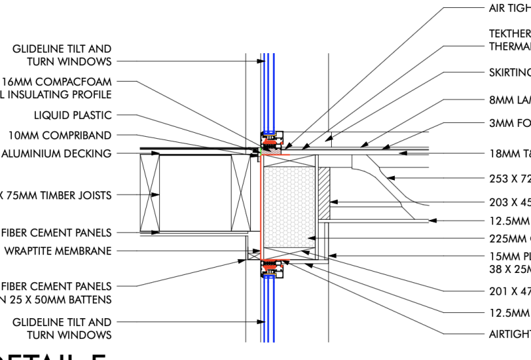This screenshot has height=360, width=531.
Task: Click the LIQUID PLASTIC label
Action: (x=72, y=116)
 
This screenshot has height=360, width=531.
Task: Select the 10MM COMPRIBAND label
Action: (x=60, y=135)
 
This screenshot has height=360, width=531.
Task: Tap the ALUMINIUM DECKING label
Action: (x=56, y=153)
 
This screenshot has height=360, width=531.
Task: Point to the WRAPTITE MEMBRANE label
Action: (x=58, y=251)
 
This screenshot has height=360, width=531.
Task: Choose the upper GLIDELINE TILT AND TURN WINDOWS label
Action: (x=62, y=55)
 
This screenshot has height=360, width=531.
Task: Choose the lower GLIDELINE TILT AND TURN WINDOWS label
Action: (x=62, y=328)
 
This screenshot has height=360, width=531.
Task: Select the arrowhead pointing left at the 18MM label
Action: (x=402, y=153)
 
